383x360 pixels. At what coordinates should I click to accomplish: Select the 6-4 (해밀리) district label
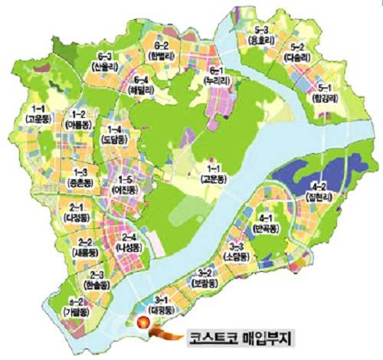(x=141, y=85)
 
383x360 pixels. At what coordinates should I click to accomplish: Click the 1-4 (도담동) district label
(x=116, y=135)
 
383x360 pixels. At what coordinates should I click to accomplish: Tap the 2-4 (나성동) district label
(x=129, y=242)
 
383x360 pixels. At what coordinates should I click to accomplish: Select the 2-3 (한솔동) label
(x=97, y=279)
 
